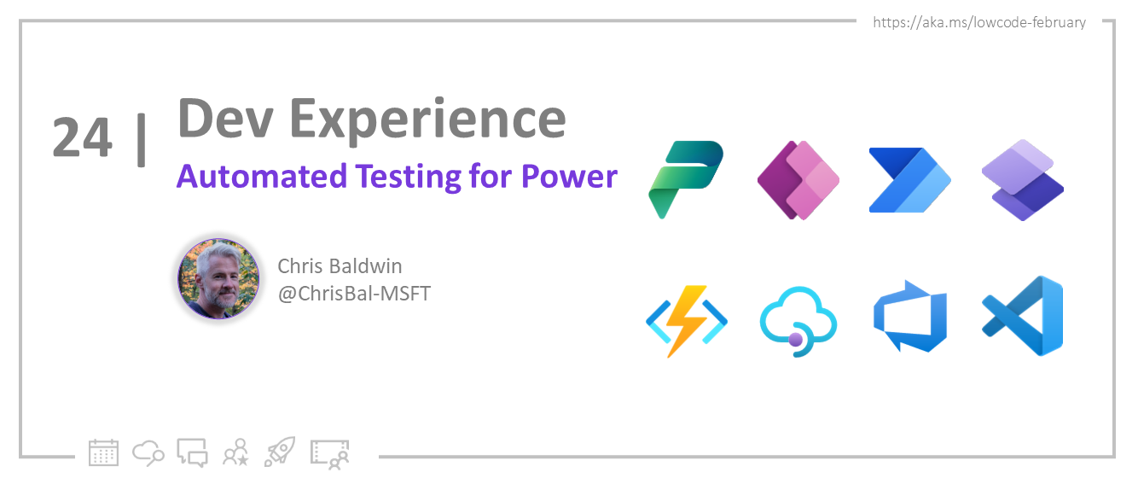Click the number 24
click(82, 137)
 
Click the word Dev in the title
click(225, 119)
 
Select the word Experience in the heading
click(427, 122)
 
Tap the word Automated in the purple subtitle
click(262, 177)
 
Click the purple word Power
click(570, 177)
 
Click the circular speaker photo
click(218, 278)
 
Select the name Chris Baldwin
click(340, 266)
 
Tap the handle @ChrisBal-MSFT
click(354, 294)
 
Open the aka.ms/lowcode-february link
click(979, 23)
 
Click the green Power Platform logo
click(686, 179)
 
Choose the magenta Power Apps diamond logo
click(798, 180)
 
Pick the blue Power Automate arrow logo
click(910, 180)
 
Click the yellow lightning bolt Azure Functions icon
click(687, 321)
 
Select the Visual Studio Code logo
click(1023, 316)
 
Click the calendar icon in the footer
click(103, 452)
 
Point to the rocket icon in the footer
click(280, 452)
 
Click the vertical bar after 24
click(142, 139)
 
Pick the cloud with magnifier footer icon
click(148, 452)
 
